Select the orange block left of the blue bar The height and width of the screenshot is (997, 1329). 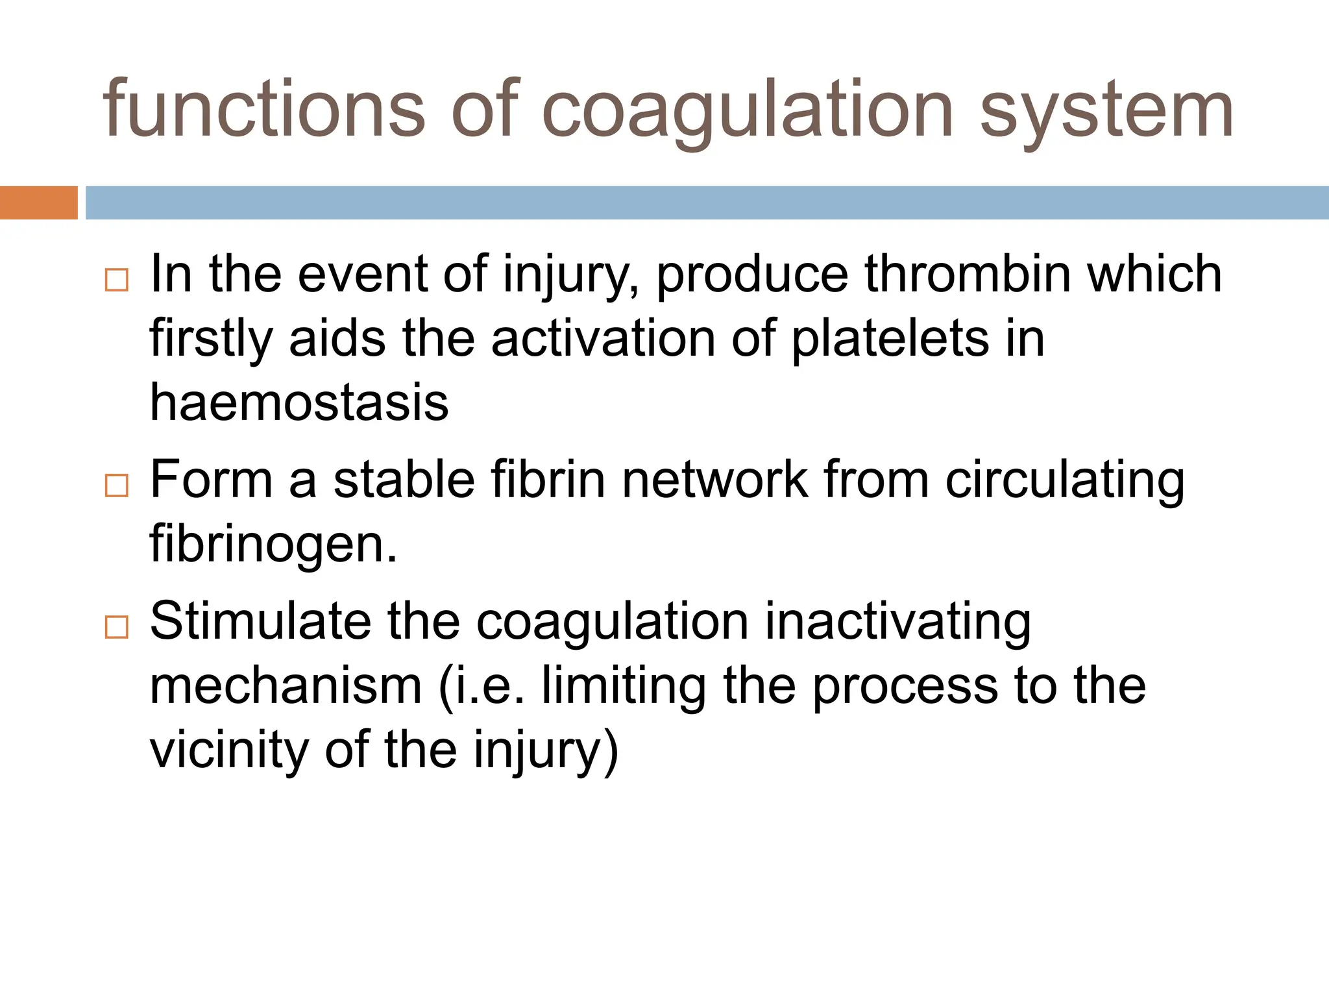38,203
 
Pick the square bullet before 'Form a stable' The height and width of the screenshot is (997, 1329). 116,486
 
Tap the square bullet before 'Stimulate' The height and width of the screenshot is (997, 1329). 116,627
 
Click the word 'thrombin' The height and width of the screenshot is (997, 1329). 968,274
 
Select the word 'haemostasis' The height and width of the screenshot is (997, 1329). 299,402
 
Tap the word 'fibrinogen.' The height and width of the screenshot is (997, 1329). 273,545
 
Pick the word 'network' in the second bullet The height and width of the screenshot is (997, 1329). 714,480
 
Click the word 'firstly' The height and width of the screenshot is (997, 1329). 211,340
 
